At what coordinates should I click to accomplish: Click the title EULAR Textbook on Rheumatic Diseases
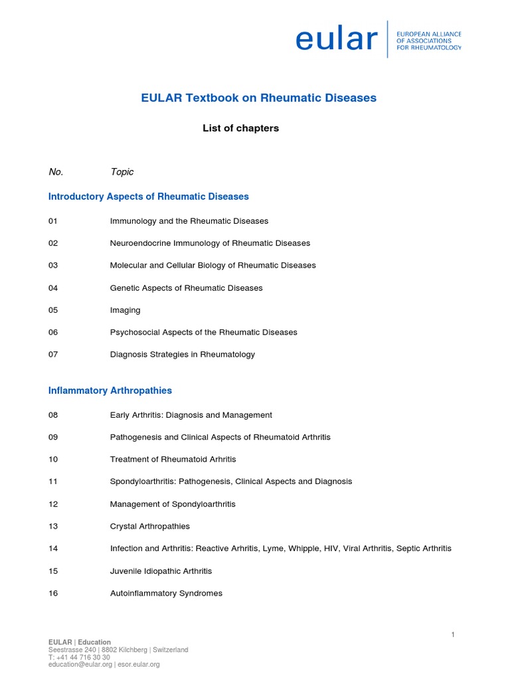(x=258, y=98)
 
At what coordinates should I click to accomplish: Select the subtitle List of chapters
(x=240, y=128)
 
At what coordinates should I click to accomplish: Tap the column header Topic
(x=122, y=172)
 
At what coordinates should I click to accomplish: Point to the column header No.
(x=56, y=172)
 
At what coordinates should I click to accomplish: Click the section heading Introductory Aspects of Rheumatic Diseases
(x=149, y=197)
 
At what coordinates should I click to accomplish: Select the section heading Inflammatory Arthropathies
(x=110, y=390)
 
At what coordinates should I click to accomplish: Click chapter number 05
(x=53, y=310)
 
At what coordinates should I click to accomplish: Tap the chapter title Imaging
(x=125, y=310)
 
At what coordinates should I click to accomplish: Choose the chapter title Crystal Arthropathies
(x=149, y=526)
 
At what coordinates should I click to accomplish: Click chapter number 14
(x=53, y=549)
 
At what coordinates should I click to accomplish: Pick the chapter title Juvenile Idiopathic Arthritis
(x=161, y=571)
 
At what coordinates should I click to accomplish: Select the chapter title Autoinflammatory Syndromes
(x=166, y=593)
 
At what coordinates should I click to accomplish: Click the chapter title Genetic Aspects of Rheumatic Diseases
(x=186, y=288)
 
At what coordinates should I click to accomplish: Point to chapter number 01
(x=53, y=220)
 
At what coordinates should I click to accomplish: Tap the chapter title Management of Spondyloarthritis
(x=173, y=504)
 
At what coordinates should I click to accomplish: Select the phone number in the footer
(x=79, y=657)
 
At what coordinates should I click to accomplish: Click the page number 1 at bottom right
(x=453, y=635)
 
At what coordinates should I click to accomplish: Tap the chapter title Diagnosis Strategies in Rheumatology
(x=182, y=355)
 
